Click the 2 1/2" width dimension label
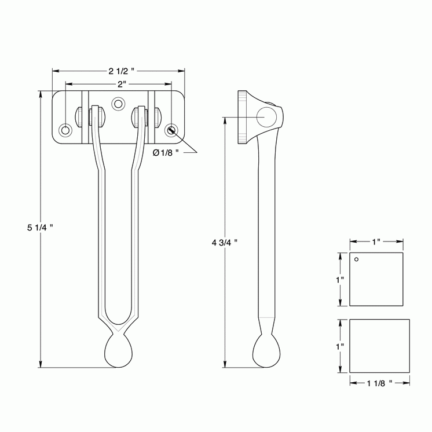click(x=121, y=72)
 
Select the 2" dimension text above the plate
click(x=121, y=85)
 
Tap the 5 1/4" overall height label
click(x=40, y=228)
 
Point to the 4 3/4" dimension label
click(x=225, y=242)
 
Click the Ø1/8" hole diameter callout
click(x=166, y=152)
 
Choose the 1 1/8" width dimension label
click(x=379, y=382)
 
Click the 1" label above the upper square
click(x=376, y=241)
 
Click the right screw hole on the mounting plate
click(x=171, y=129)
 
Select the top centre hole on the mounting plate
click(x=119, y=104)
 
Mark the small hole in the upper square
click(x=357, y=259)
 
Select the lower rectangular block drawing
click(x=378, y=346)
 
